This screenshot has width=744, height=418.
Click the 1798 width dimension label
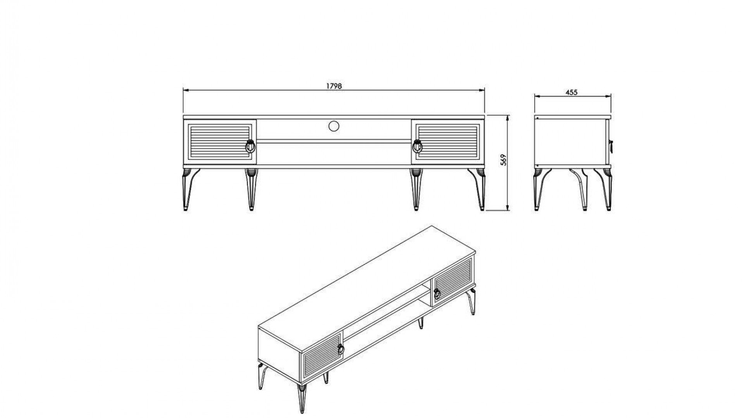334,86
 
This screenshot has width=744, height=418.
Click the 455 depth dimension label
572,93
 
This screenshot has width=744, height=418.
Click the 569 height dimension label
503,160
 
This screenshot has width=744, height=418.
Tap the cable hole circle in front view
334,126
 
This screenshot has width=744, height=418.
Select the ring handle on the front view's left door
250,146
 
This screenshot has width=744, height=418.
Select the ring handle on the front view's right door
417,146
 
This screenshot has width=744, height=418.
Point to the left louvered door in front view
220,142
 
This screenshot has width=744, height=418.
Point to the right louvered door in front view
448,142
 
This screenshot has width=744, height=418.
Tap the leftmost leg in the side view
540,189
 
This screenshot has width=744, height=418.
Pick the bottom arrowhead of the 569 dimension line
508,208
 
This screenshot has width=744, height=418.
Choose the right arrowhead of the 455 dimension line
608,96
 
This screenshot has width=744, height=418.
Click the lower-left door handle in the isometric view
341,349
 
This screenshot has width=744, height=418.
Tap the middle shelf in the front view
334,141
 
